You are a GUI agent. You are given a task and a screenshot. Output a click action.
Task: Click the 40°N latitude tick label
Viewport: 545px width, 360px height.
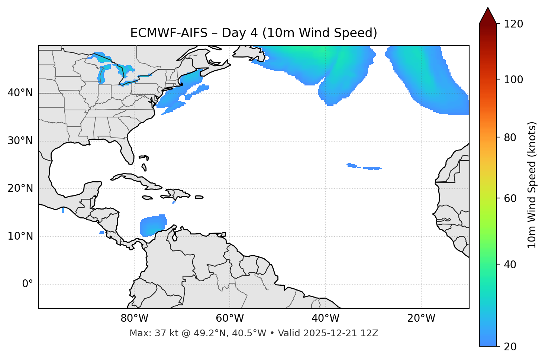pyautogui.click(x=20, y=93)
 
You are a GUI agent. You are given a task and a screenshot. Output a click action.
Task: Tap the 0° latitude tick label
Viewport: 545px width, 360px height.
pyautogui.click(x=28, y=284)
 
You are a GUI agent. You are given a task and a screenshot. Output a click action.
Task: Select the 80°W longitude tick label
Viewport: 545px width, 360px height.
pyautogui.click(x=134, y=318)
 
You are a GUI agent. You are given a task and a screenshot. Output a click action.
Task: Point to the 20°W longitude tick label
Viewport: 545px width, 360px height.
pyautogui.click(x=421, y=318)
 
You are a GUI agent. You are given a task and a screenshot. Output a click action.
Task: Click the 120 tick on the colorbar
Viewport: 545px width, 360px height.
pyautogui.click(x=514, y=24)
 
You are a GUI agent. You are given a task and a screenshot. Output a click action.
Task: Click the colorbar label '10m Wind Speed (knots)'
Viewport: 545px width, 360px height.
pyautogui.click(x=532, y=185)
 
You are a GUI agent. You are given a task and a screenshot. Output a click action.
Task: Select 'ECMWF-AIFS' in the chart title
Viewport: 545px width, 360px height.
pyautogui.click(x=169, y=33)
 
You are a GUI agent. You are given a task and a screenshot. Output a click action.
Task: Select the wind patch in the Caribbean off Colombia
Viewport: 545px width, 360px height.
pyautogui.click(x=152, y=225)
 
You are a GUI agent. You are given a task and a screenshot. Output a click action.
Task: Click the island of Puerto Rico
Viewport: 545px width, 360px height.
pyautogui.click(x=199, y=197)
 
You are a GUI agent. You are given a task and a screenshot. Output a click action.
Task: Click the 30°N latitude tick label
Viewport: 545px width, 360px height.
pyautogui.click(x=20, y=141)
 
